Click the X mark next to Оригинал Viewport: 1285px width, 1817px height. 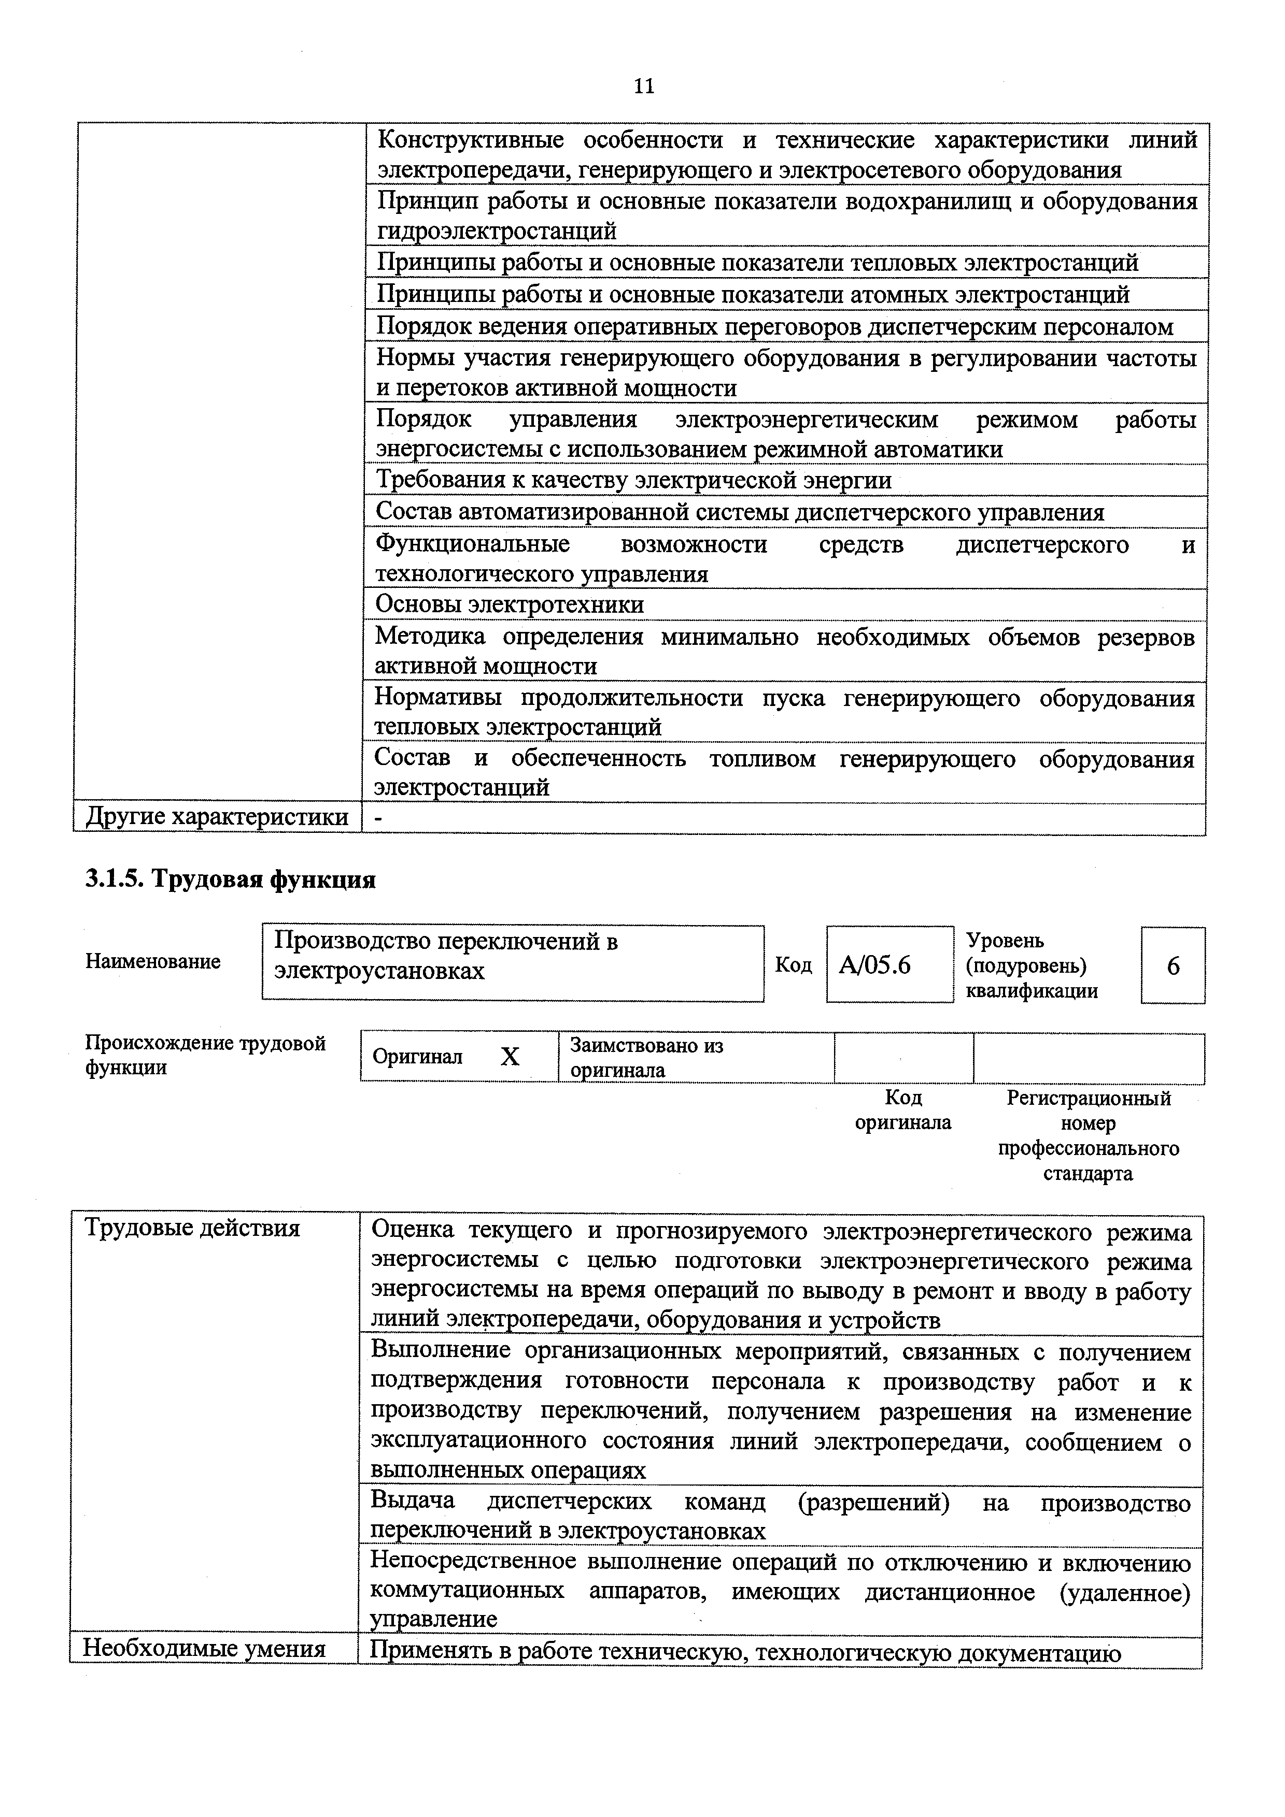[x=510, y=1057]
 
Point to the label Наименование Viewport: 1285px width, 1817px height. [x=153, y=961]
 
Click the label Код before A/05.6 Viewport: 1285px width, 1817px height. [x=793, y=965]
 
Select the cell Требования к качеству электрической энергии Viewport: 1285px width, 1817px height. [x=633, y=480]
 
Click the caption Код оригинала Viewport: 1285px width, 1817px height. [x=902, y=1111]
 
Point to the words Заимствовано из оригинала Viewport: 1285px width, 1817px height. [x=646, y=1058]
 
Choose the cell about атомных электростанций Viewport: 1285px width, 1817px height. [x=752, y=294]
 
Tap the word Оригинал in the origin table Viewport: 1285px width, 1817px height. [x=417, y=1057]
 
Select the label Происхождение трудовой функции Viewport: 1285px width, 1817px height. [x=205, y=1056]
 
